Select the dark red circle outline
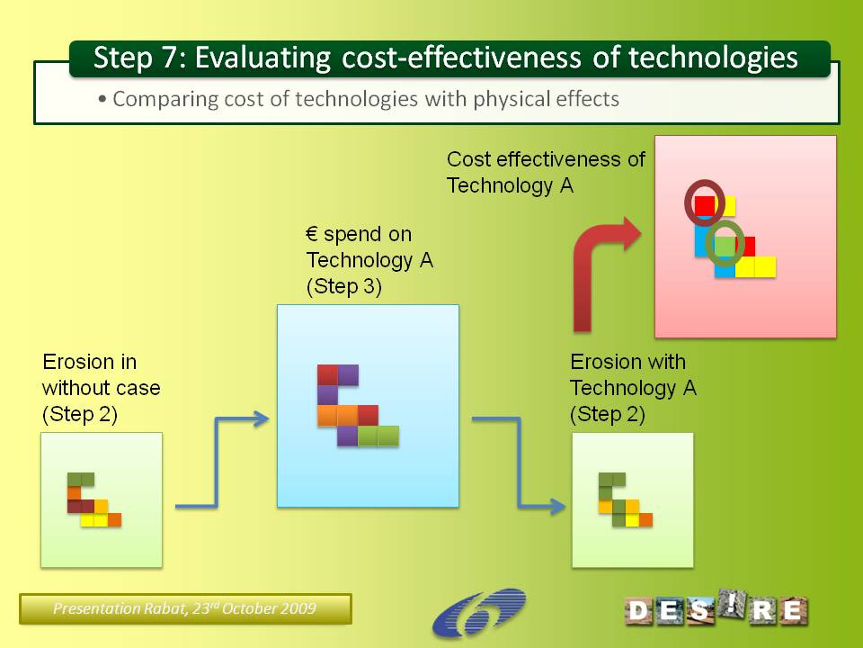[x=704, y=202]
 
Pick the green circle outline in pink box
[x=725, y=243]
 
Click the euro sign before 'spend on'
[x=312, y=234]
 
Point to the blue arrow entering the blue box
[x=218, y=463]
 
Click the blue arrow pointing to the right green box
[x=519, y=463]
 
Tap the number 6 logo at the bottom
[x=478, y=613]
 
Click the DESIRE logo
[x=716, y=609]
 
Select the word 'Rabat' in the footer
[x=164, y=608]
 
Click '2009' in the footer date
[x=299, y=608]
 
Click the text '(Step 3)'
[x=344, y=286]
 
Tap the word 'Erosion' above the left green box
[x=74, y=362]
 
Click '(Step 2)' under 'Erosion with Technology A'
[x=607, y=414]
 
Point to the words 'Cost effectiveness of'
[x=546, y=159]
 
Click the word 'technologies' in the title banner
[x=713, y=58]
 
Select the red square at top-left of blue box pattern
[x=327, y=374]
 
